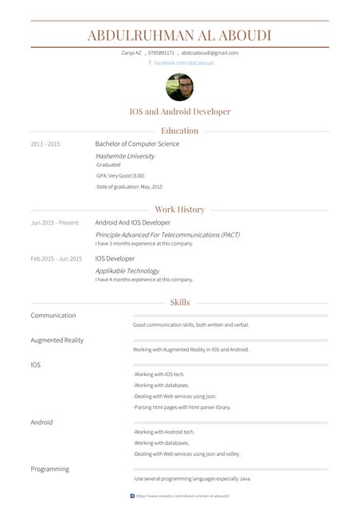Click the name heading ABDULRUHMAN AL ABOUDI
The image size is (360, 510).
click(x=179, y=35)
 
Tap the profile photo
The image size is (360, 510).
click(x=179, y=87)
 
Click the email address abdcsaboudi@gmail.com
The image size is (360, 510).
click(x=209, y=53)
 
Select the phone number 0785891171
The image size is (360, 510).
click(x=161, y=53)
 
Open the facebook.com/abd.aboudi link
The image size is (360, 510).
click(x=184, y=62)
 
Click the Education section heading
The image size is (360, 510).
click(x=179, y=131)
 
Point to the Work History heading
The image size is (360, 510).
click(x=179, y=210)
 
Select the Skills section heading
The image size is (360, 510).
click(x=179, y=303)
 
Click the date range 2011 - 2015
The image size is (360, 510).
click(x=45, y=144)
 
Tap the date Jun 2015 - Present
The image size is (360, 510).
click(x=55, y=223)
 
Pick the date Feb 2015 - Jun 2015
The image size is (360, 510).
click(x=56, y=259)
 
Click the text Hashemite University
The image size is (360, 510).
click(x=125, y=156)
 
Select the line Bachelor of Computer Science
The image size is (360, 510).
click(x=137, y=144)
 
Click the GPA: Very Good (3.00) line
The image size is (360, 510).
click(x=120, y=175)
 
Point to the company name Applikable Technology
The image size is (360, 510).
click(x=127, y=271)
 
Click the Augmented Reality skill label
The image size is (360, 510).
click(x=57, y=340)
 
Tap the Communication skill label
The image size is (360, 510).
click(x=53, y=316)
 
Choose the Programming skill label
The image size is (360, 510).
click(x=49, y=469)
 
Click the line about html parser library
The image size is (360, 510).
click(x=182, y=407)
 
